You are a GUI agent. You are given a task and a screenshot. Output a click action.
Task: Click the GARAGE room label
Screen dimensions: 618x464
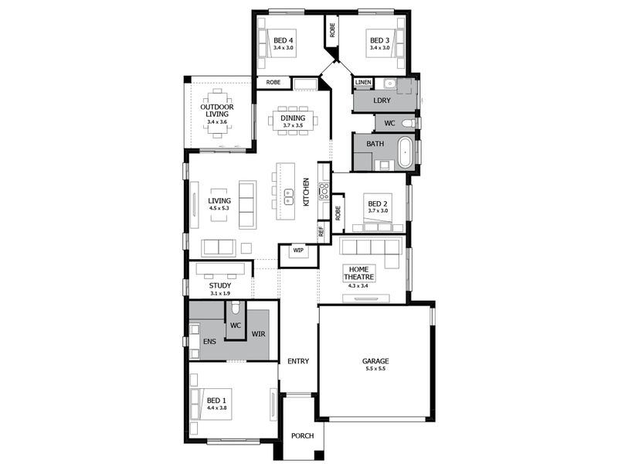(375, 361)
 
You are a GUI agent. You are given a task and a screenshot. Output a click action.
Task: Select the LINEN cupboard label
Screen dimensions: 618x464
(363, 82)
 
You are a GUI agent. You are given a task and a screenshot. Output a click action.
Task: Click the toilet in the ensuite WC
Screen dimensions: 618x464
(236, 307)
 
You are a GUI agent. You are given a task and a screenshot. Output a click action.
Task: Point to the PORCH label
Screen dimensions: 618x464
(302, 435)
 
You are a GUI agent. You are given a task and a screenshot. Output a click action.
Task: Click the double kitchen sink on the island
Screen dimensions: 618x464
(289, 196)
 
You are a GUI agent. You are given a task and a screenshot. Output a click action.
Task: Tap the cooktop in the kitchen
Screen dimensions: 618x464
(324, 191)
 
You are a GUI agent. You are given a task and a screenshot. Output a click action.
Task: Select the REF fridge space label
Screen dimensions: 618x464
(321, 232)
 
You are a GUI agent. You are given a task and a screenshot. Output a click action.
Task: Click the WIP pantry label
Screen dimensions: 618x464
(298, 250)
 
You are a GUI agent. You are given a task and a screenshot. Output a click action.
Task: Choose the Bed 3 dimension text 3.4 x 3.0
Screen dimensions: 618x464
(379, 48)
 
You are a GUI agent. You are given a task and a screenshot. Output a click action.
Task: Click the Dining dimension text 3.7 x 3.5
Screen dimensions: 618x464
(293, 125)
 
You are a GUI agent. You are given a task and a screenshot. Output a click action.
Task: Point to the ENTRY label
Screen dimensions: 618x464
(298, 361)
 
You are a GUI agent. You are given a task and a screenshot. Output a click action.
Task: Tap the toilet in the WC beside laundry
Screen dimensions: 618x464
(409, 123)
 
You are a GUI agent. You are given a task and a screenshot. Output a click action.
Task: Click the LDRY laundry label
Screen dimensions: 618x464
(382, 101)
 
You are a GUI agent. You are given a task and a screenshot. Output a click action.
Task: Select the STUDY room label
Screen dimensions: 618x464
(220, 285)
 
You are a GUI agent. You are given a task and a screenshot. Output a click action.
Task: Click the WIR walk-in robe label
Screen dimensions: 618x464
(259, 334)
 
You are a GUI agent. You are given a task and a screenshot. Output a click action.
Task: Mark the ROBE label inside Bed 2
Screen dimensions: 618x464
(338, 213)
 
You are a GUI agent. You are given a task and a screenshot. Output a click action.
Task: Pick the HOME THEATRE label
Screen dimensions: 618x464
(358, 273)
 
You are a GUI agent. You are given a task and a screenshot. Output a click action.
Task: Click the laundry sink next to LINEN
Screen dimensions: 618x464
(389, 84)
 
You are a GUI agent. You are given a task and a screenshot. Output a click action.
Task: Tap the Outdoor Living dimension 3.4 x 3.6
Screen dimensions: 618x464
(217, 122)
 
